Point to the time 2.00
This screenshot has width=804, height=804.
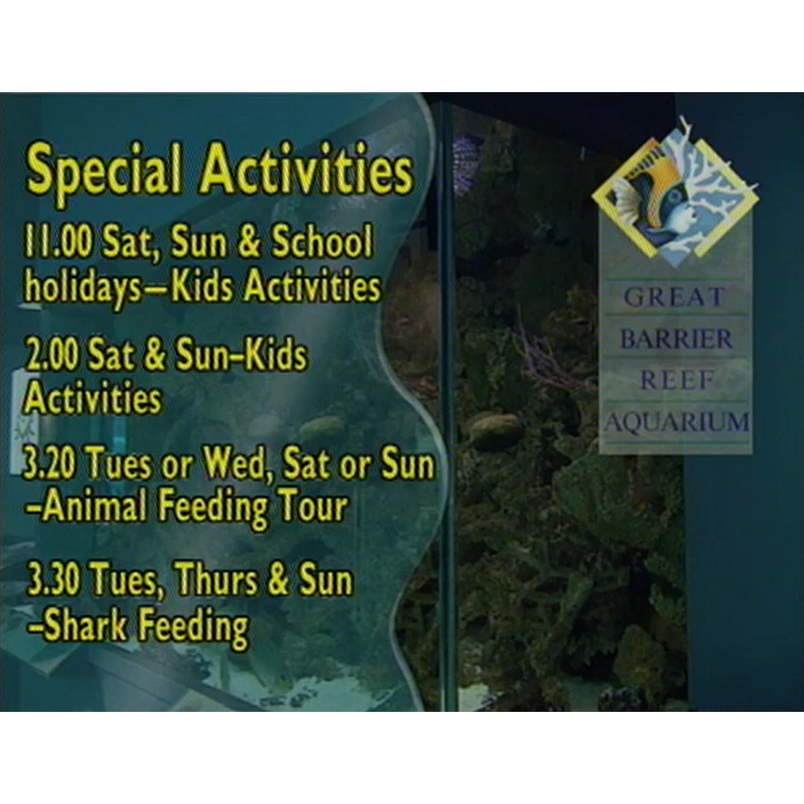pos(54,357)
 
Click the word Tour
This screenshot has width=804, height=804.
pos(314,507)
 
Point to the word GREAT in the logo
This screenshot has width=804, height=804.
pos(674,298)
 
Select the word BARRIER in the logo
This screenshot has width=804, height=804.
pos(676,338)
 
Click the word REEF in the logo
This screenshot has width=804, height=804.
pos(676,380)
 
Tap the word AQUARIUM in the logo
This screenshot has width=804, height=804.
pos(676,422)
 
